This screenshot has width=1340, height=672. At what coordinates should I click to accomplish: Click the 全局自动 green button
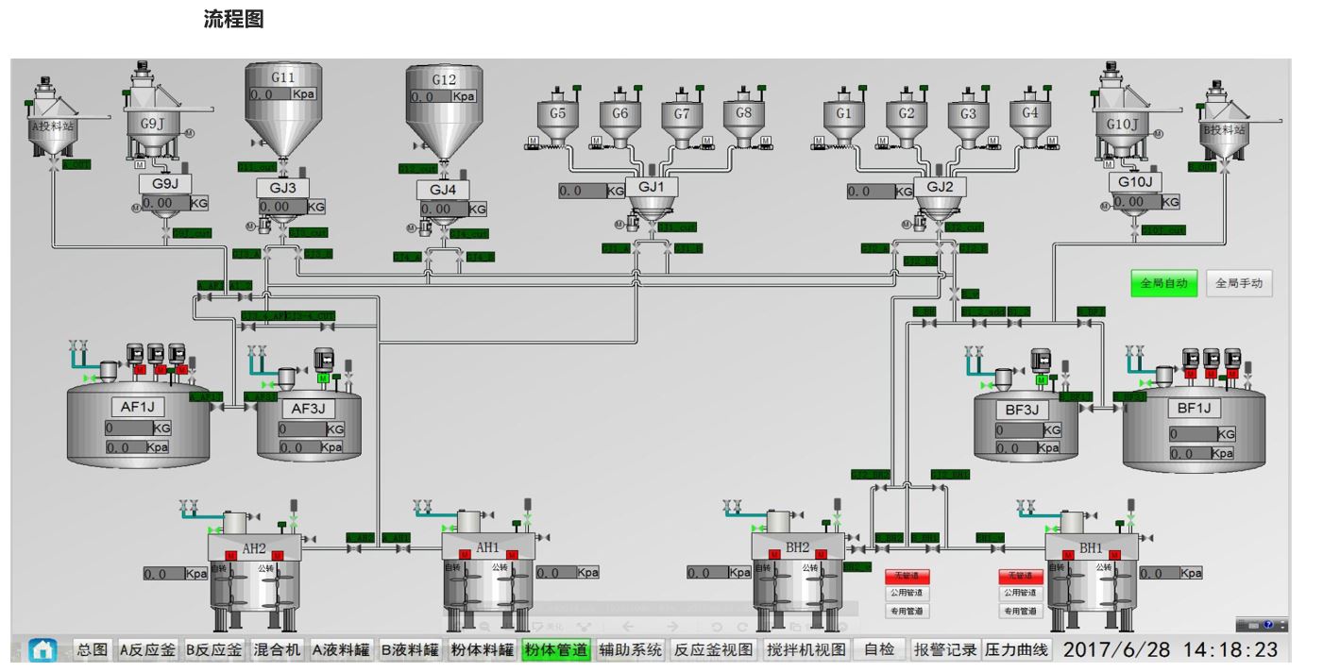[1163, 283]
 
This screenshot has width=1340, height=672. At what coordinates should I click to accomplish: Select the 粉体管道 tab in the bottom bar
[556, 649]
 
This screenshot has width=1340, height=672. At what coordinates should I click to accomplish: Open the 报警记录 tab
[945, 649]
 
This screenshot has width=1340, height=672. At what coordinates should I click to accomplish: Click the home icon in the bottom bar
[42, 649]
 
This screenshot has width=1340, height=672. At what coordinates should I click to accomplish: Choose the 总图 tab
[92, 649]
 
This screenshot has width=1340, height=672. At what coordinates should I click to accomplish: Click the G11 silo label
[283, 77]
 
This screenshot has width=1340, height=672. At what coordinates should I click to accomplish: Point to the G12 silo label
[443, 80]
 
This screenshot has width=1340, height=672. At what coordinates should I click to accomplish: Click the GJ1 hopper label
[652, 187]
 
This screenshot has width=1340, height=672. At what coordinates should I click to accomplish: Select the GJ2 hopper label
[940, 187]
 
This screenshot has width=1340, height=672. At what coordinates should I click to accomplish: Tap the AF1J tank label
[132, 408]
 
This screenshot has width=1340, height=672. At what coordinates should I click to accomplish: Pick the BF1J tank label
[1194, 409]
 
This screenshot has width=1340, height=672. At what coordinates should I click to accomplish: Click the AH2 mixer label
[254, 548]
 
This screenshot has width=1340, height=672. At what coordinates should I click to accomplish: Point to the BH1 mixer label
[1091, 547]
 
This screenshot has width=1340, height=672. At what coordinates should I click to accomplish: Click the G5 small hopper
[558, 114]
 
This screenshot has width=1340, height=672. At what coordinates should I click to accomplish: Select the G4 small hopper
[1030, 113]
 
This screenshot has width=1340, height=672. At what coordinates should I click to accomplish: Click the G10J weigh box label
[1136, 181]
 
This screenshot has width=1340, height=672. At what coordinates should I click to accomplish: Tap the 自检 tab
[879, 649]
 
